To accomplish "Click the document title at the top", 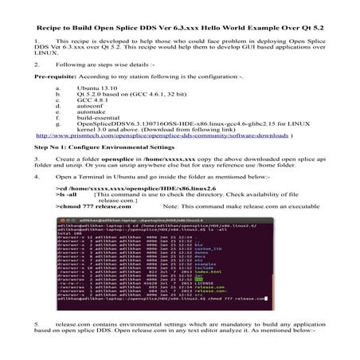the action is [180, 16].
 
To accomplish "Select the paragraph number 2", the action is [37, 63].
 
